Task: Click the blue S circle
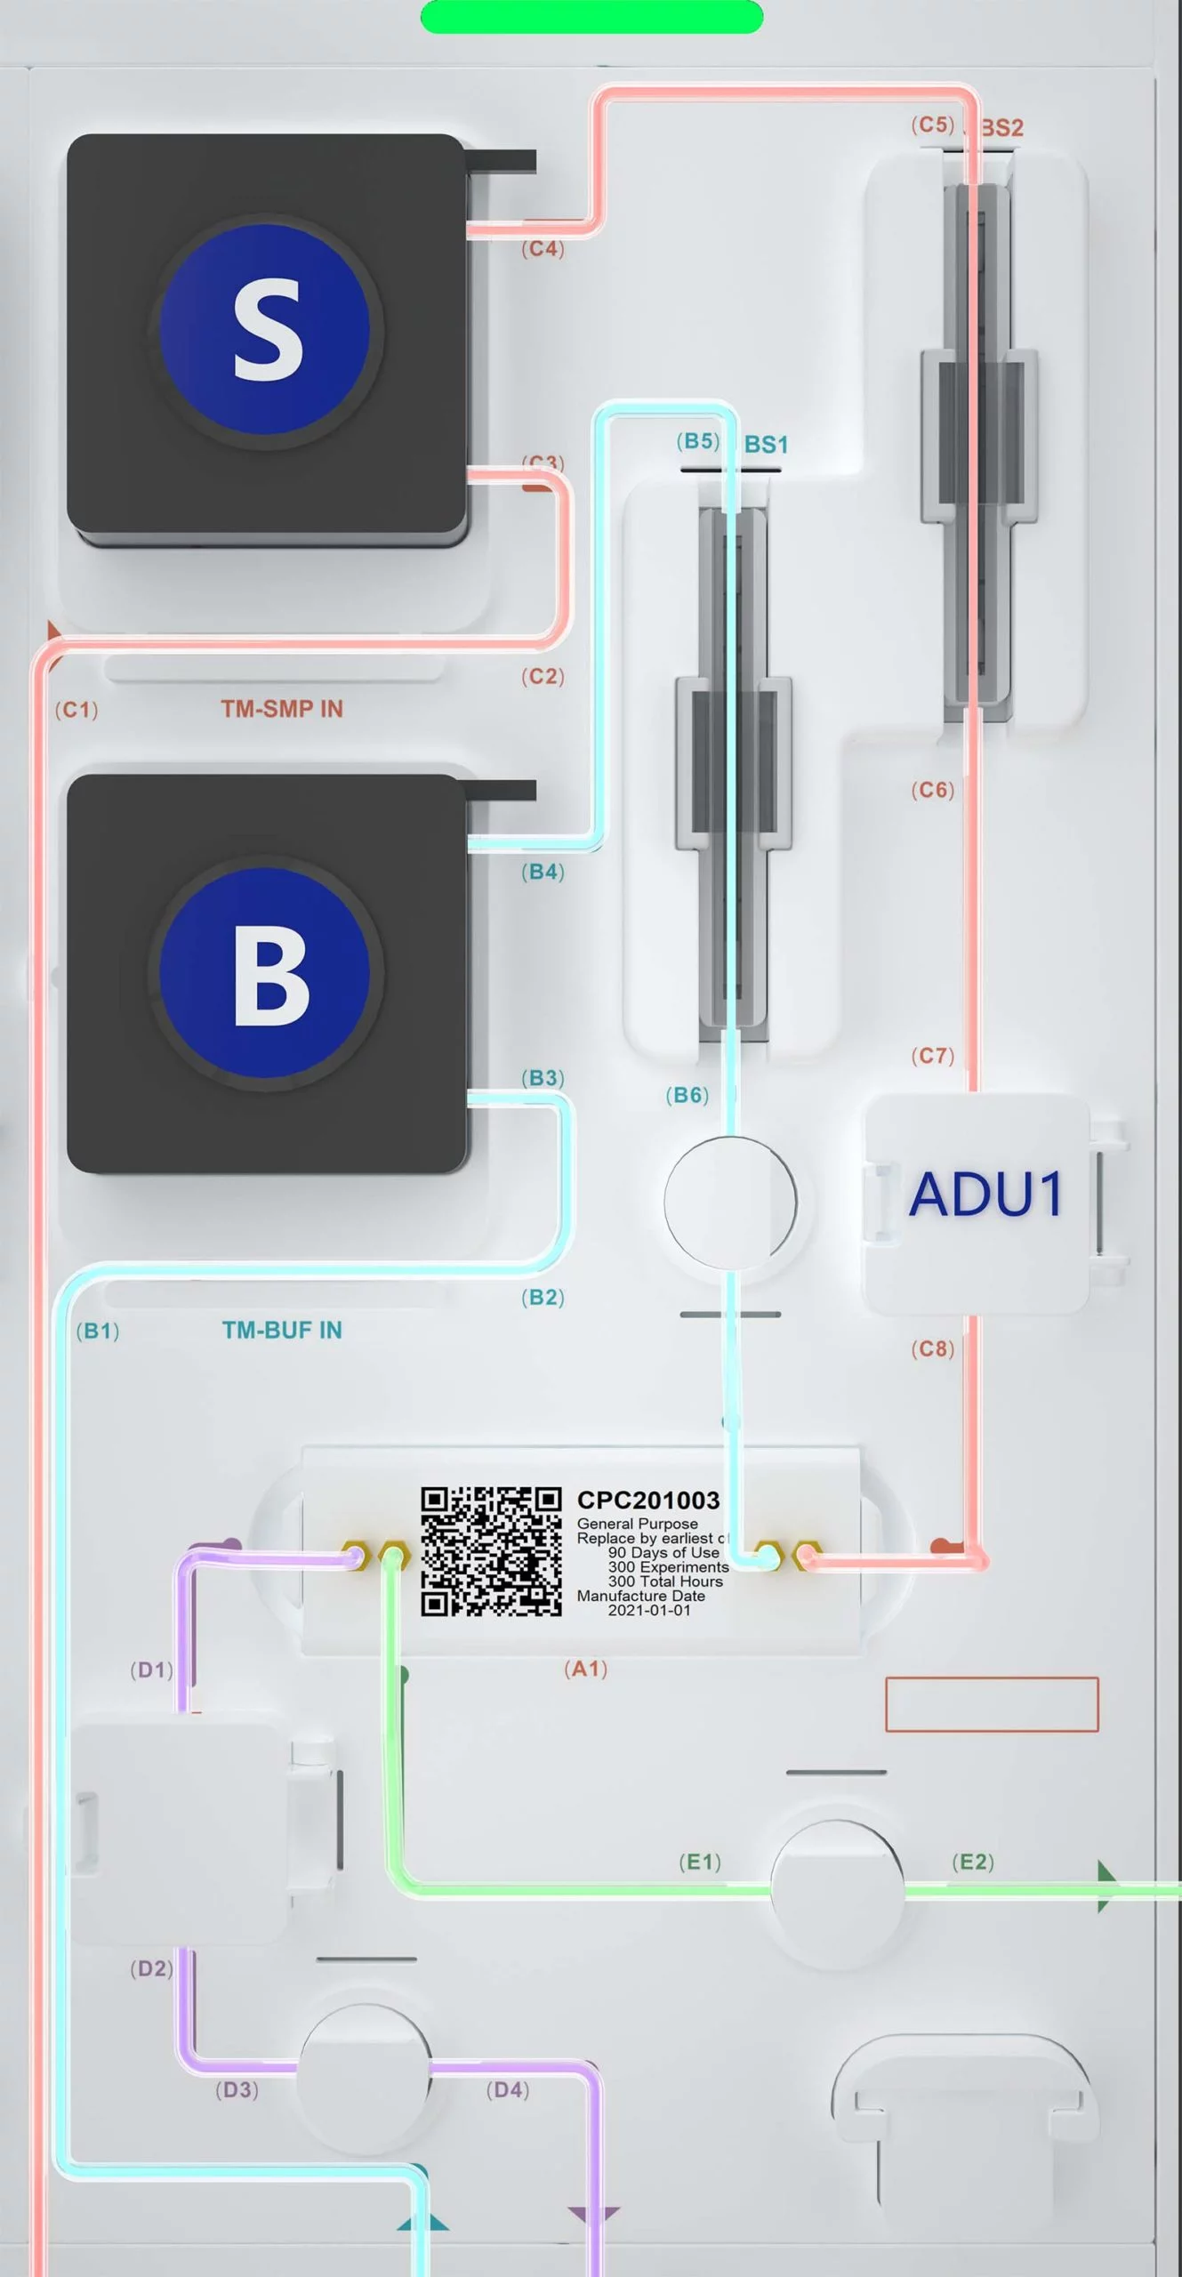[265, 329]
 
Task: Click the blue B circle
[265, 973]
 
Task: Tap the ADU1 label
[985, 1194]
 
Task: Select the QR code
[491, 1551]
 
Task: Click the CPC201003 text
[647, 1501]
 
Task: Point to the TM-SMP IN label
[282, 709]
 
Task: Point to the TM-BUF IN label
[282, 1330]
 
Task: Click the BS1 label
[767, 445]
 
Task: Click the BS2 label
[1002, 128]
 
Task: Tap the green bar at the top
[591, 17]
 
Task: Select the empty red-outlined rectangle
[992, 1704]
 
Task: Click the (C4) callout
[543, 249]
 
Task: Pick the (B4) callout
[543, 872]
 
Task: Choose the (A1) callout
[585, 1669]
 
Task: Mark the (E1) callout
[699, 1862]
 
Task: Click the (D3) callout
[237, 2089]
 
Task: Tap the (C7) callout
[932, 1056]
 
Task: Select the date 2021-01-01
[649, 1610]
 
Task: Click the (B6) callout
[687, 1095]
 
